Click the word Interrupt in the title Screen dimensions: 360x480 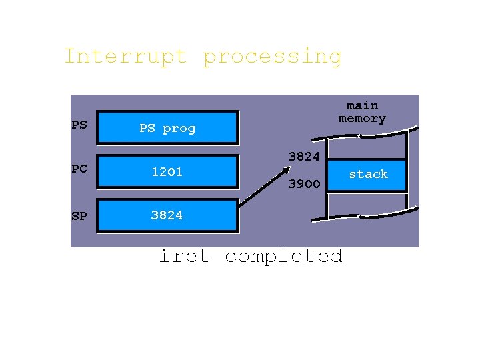tap(125, 56)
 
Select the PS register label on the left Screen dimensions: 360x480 tap(79, 125)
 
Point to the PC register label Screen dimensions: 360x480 tap(79, 169)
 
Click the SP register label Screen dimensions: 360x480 tap(79, 216)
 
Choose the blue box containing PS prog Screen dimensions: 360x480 tap(167, 128)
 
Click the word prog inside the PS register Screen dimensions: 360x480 tap(179, 129)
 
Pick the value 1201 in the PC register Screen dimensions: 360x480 tap(167, 171)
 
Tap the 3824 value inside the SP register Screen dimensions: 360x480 tap(167, 215)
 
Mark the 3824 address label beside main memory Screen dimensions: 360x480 tap(304, 157)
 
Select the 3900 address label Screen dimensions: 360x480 tap(304, 184)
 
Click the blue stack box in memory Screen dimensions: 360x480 tap(368, 175)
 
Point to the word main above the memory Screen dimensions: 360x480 tap(362, 105)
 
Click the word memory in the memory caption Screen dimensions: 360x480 tap(362, 119)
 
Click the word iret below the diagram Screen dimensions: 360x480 tap(184, 256)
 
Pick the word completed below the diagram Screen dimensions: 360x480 tap(283, 256)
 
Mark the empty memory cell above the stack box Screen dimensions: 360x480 tap(367, 147)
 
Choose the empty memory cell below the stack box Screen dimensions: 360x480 tap(367, 204)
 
